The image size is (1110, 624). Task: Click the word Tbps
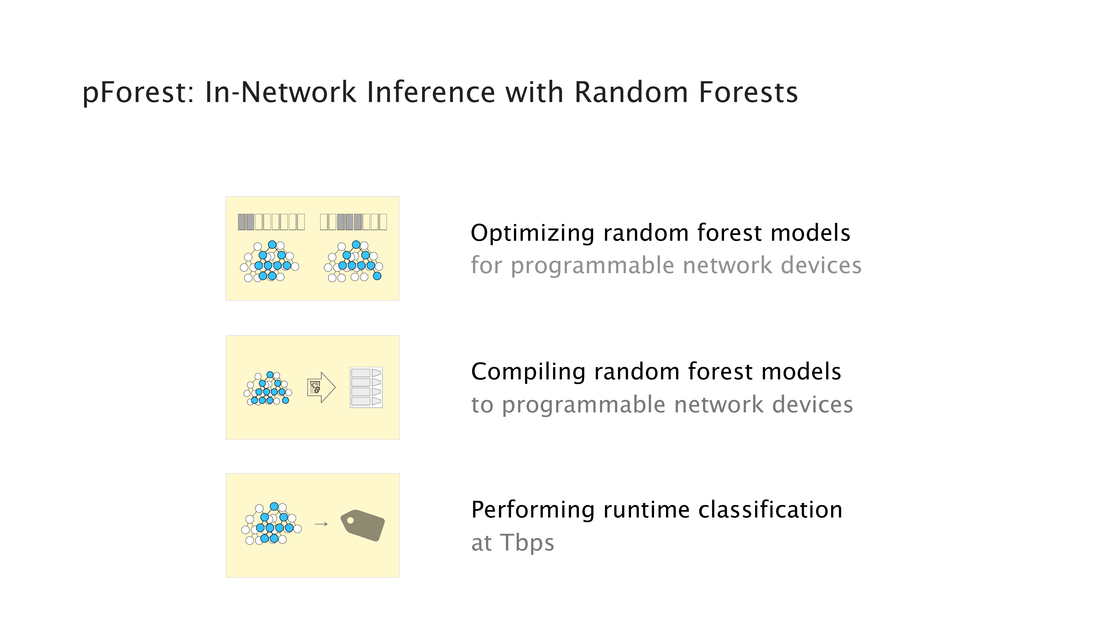(x=527, y=543)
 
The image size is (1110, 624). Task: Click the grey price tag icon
(x=362, y=525)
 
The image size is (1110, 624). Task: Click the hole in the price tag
(x=350, y=520)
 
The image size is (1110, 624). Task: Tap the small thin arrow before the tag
(x=321, y=524)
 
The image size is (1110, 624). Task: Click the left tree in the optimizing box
(x=269, y=262)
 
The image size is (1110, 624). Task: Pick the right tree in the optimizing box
(x=353, y=262)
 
